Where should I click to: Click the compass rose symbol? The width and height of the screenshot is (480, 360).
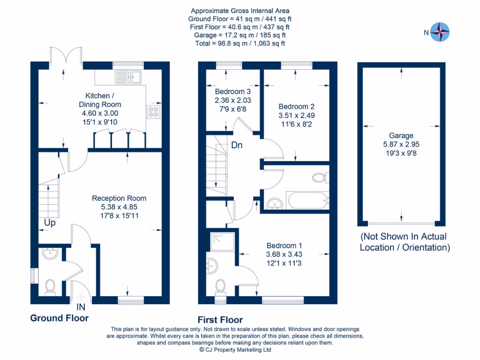pos(440,32)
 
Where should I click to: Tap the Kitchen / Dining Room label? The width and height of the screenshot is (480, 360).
pos(100,100)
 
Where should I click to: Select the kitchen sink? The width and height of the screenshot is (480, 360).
pos(128,77)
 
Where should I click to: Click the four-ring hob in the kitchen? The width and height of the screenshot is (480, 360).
pos(153,112)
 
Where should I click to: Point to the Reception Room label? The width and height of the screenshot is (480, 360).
pos(119,198)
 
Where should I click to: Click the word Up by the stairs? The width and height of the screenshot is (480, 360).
pos(50,223)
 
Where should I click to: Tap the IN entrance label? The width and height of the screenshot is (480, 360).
pos(81,307)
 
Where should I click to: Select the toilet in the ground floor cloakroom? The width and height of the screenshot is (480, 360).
pos(50,288)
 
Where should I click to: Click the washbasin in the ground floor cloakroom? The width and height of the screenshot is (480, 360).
pos(50,254)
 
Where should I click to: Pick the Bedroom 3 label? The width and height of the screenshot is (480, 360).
pos(232,91)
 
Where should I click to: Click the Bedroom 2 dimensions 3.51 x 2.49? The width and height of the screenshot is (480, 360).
pos(296,115)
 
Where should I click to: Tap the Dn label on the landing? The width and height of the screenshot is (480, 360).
pos(237,145)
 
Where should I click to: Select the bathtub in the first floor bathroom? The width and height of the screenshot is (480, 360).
pos(307,201)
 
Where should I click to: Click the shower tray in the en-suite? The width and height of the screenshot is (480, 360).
pos(223,242)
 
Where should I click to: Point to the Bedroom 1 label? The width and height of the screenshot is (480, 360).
pos(284,246)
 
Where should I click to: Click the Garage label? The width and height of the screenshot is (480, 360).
pos(401,135)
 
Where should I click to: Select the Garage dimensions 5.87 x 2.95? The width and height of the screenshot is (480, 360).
pos(401,144)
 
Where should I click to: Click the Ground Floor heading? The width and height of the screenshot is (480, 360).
pos(60,318)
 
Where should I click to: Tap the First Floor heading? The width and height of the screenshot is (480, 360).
pos(220,320)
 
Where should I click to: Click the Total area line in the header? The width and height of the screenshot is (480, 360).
pos(240,44)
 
